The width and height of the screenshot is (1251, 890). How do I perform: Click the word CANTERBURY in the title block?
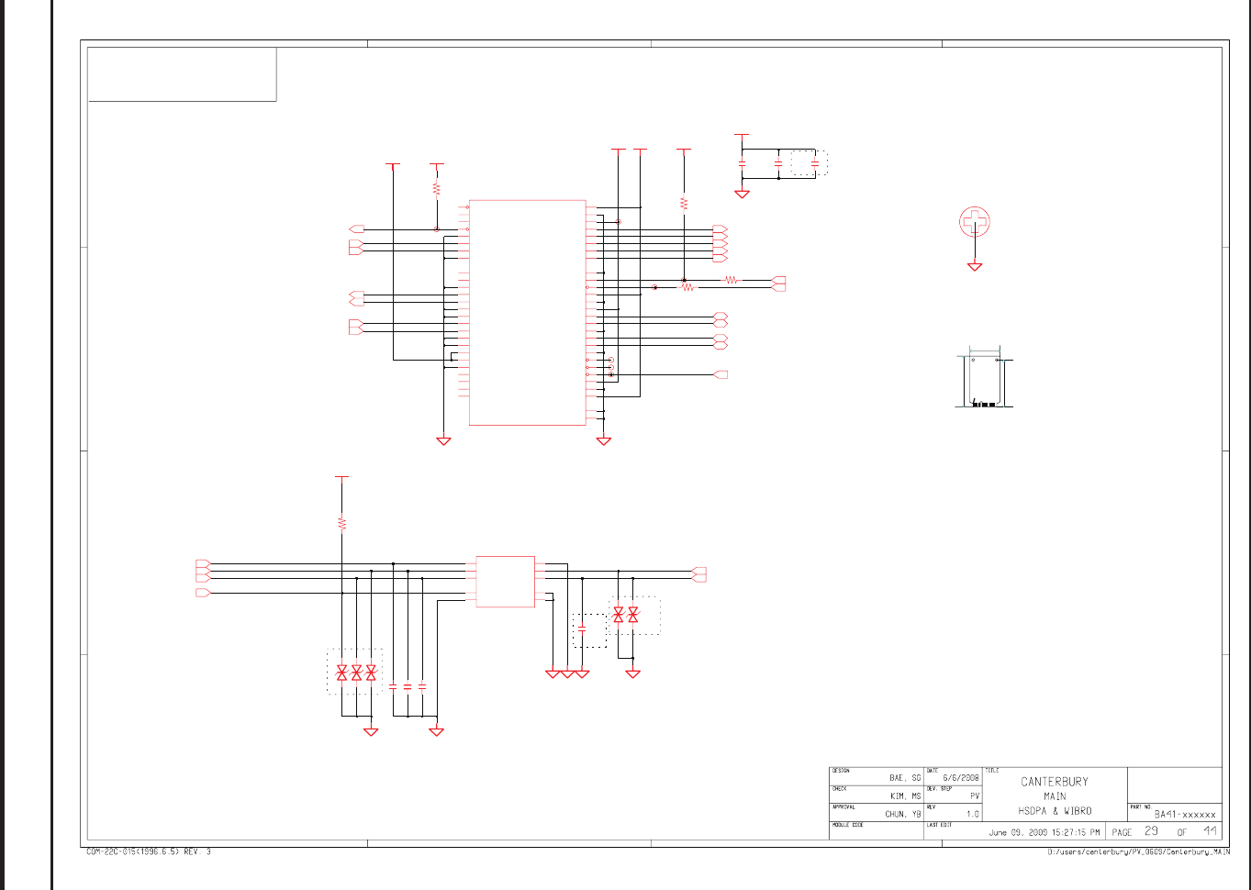coord(1055,782)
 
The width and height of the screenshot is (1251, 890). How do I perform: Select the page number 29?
coord(1151,831)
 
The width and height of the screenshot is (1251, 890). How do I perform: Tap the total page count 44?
coord(1211,831)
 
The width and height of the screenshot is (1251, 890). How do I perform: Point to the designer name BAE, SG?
coord(904,778)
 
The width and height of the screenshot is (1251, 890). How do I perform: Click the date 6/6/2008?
coord(961,778)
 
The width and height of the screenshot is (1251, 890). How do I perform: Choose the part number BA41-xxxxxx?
coord(1185,814)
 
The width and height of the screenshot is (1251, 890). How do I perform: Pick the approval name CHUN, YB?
coord(902,814)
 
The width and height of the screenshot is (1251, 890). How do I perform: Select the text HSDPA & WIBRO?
coord(1055,811)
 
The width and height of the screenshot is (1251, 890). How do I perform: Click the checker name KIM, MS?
coord(905,796)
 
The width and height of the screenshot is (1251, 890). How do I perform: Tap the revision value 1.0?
coord(972,814)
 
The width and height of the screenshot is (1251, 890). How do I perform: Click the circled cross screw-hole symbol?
coord(975,221)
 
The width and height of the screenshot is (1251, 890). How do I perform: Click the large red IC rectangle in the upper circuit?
coord(527,312)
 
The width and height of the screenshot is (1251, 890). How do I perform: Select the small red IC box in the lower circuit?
coord(505,581)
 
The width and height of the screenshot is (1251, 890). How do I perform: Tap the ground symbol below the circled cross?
coord(975,266)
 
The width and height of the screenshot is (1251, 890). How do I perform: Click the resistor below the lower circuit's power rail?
coord(341,523)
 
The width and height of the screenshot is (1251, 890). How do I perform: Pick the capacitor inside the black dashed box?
coord(583,629)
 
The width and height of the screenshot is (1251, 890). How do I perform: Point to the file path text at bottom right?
coord(1138,852)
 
